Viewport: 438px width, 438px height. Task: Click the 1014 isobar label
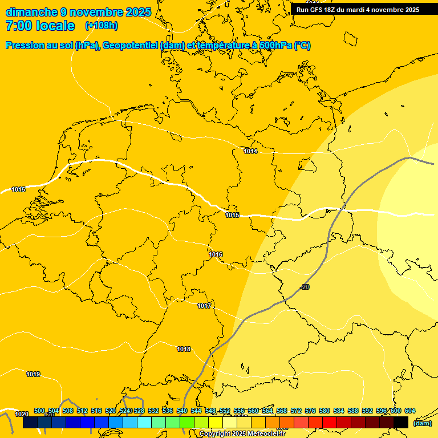pyautogui.click(x=250, y=151)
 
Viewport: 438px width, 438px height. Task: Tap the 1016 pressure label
pyautogui.click(x=216, y=254)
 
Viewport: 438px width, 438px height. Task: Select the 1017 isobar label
pyautogui.click(x=204, y=306)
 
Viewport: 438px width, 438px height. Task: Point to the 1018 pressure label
pyautogui.click(x=184, y=349)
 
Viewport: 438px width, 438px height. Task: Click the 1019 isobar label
pyautogui.click(x=33, y=374)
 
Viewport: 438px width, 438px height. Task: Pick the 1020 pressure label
pyautogui.click(x=22, y=414)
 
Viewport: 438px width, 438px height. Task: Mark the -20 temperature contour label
pyautogui.click(x=305, y=287)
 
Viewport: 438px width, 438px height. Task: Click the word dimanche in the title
pyautogui.click(x=32, y=12)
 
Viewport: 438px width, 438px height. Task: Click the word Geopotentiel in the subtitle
pyautogui.click(x=130, y=46)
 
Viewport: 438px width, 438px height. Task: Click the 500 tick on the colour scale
pyautogui.click(x=39, y=411)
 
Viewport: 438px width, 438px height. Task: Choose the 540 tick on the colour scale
pyautogui.click(x=182, y=411)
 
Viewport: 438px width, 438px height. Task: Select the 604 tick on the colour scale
pyautogui.click(x=410, y=411)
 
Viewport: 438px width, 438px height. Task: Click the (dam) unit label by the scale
pyautogui.click(x=422, y=423)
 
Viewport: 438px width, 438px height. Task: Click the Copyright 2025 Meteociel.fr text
pyautogui.click(x=242, y=433)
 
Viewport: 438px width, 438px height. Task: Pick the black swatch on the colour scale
pyautogui.click(x=401, y=423)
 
